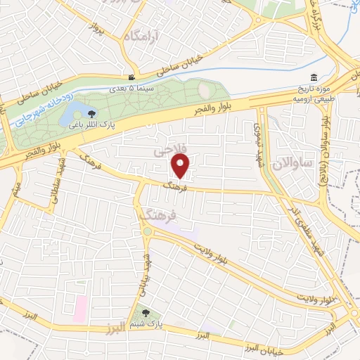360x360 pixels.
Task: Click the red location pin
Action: pyautogui.click(x=181, y=166)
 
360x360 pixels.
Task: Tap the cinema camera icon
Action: pyautogui.click(x=131, y=77)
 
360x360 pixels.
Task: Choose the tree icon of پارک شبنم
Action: pyautogui.click(x=146, y=313)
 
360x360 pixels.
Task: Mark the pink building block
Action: pyautogui.click(x=80, y=307)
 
